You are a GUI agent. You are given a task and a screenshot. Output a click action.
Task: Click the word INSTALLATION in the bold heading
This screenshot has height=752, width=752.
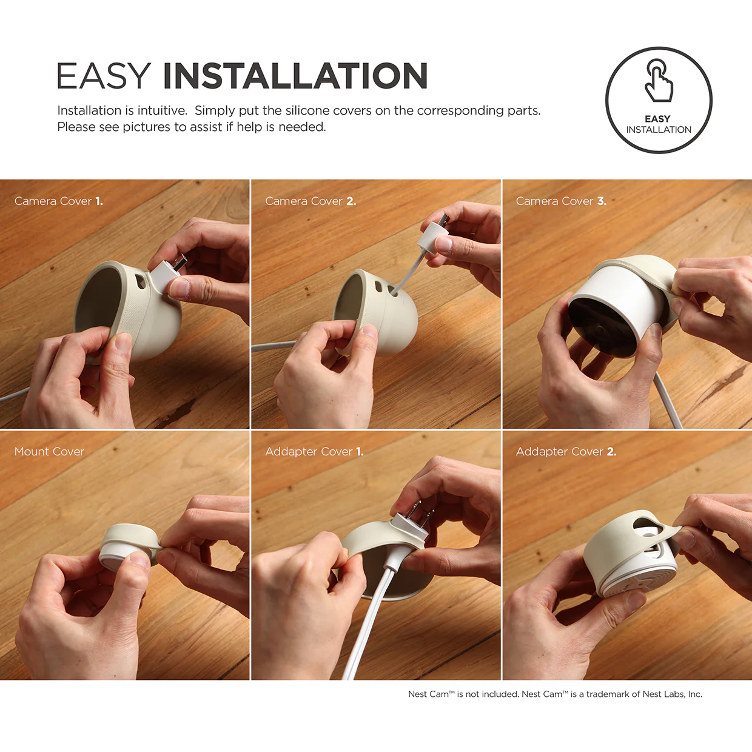click(x=295, y=76)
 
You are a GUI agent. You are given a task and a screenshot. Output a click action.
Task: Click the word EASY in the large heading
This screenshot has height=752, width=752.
click(x=104, y=76)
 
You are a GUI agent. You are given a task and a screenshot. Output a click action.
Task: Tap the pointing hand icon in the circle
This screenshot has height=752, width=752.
click(x=659, y=81)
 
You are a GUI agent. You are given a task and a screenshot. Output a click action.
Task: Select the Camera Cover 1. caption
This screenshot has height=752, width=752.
click(x=59, y=201)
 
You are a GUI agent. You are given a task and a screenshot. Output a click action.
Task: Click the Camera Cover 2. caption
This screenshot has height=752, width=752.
click(x=311, y=201)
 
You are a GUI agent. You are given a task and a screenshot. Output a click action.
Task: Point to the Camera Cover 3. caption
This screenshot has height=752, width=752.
click(x=561, y=201)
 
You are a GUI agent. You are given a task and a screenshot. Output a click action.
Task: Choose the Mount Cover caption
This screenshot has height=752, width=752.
click(x=49, y=452)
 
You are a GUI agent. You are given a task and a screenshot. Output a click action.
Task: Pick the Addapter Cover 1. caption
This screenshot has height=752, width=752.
click(x=314, y=452)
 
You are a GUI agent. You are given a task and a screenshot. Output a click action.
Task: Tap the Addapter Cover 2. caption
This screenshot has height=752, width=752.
click(x=566, y=452)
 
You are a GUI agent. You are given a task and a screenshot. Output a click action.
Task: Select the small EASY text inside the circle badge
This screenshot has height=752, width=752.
click(x=658, y=119)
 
